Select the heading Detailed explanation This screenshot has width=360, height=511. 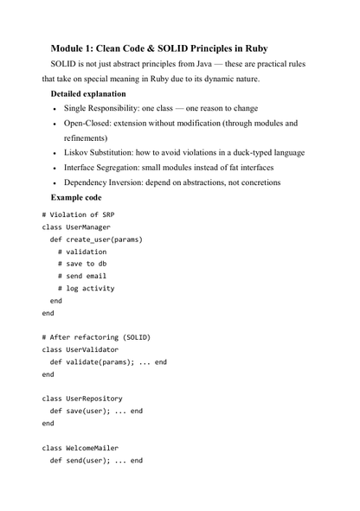point(87,93)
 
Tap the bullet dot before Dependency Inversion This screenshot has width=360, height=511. point(55,183)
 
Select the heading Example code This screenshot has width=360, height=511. point(81,197)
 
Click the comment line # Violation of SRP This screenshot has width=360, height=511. point(78,214)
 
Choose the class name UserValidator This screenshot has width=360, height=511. point(97,349)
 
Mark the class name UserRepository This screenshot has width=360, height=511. point(99,399)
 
